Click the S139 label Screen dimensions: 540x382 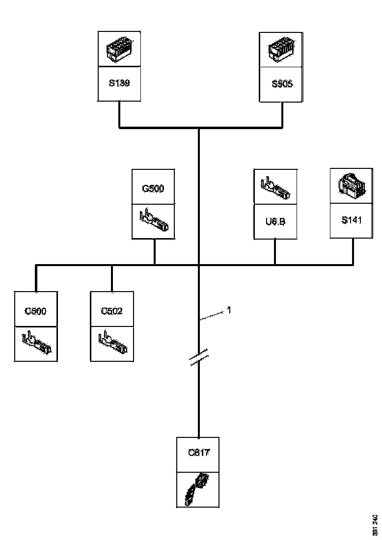point(119,83)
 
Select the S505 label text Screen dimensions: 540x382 point(282,83)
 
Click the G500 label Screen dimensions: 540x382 point(153,189)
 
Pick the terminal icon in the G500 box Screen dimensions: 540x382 point(154,222)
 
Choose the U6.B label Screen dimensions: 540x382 point(275,221)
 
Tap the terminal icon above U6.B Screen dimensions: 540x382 point(275,187)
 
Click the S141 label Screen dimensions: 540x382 point(352,220)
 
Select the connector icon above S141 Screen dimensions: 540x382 point(352,186)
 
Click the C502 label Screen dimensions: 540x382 point(111,311)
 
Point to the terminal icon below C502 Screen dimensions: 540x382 point(112,344)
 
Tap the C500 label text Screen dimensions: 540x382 point(35,311)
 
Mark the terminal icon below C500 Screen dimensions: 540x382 point(36,344)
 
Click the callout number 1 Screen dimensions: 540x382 point(228,310)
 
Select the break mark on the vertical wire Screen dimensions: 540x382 point(199,358)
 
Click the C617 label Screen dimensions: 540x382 point(199,453)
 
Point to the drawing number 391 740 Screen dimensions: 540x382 point(375,525)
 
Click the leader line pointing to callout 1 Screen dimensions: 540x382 point(212,316)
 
